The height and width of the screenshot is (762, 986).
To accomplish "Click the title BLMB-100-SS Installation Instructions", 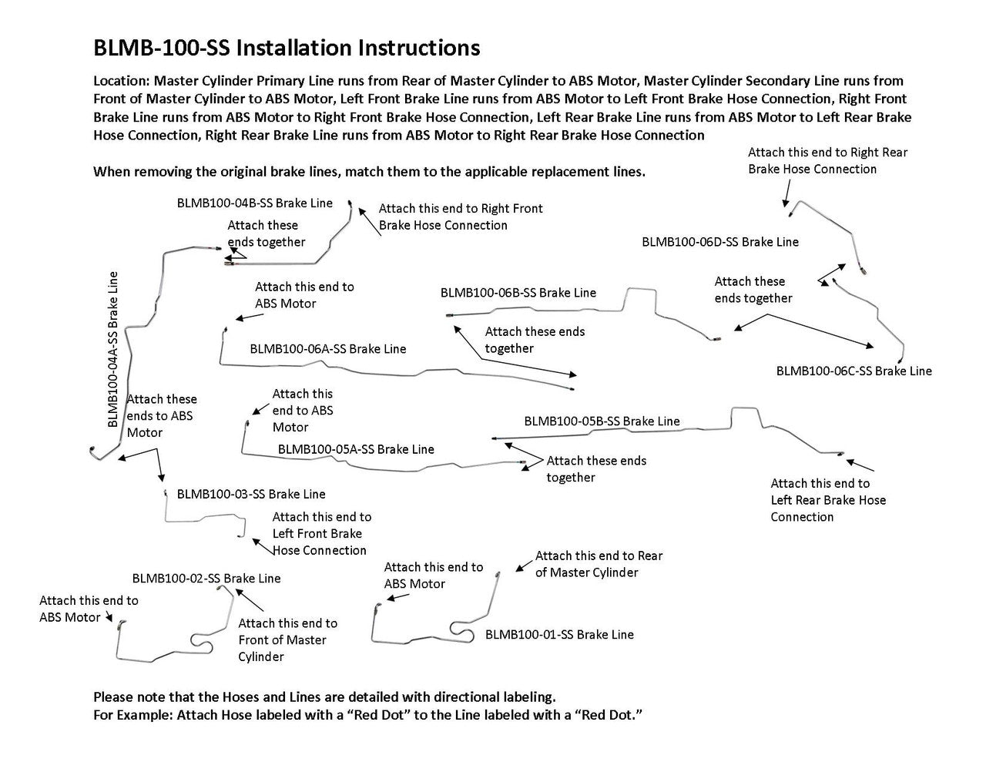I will coord(286,48).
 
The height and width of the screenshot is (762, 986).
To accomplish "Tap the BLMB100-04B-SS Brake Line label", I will coord(255,203).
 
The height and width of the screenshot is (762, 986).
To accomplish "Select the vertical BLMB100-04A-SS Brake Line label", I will coord(113,349).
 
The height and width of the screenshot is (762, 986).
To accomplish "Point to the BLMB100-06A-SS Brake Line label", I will coord(327,349).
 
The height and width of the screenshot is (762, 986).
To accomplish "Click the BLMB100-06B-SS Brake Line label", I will coord(518,293).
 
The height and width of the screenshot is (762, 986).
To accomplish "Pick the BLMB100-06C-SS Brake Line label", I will coord(854,371).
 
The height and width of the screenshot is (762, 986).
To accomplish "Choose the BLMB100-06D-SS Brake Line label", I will coord(720,242).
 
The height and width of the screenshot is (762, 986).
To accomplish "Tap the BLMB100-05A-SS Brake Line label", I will coord(356,449).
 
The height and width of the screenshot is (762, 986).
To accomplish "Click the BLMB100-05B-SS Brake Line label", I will coord(602,421).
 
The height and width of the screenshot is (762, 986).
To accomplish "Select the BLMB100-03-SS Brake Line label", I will coord(251,494).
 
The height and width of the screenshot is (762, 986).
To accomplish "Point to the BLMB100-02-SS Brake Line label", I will coord(206,578).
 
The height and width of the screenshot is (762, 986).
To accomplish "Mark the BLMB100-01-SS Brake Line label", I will coord(559,635).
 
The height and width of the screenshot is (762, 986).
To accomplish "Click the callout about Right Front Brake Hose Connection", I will coord(461,217).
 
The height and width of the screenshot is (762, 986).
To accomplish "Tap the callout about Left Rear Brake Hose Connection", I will coord(828,500).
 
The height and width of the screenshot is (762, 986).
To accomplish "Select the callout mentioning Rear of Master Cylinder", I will coord(599,564).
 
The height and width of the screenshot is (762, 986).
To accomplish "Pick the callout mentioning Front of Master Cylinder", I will coord(287,639).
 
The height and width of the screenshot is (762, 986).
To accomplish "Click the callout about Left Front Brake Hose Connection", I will coord(321,533).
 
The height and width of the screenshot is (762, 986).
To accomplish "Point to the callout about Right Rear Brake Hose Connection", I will coord(827,160).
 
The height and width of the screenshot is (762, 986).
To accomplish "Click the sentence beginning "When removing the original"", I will coord(369,171).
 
